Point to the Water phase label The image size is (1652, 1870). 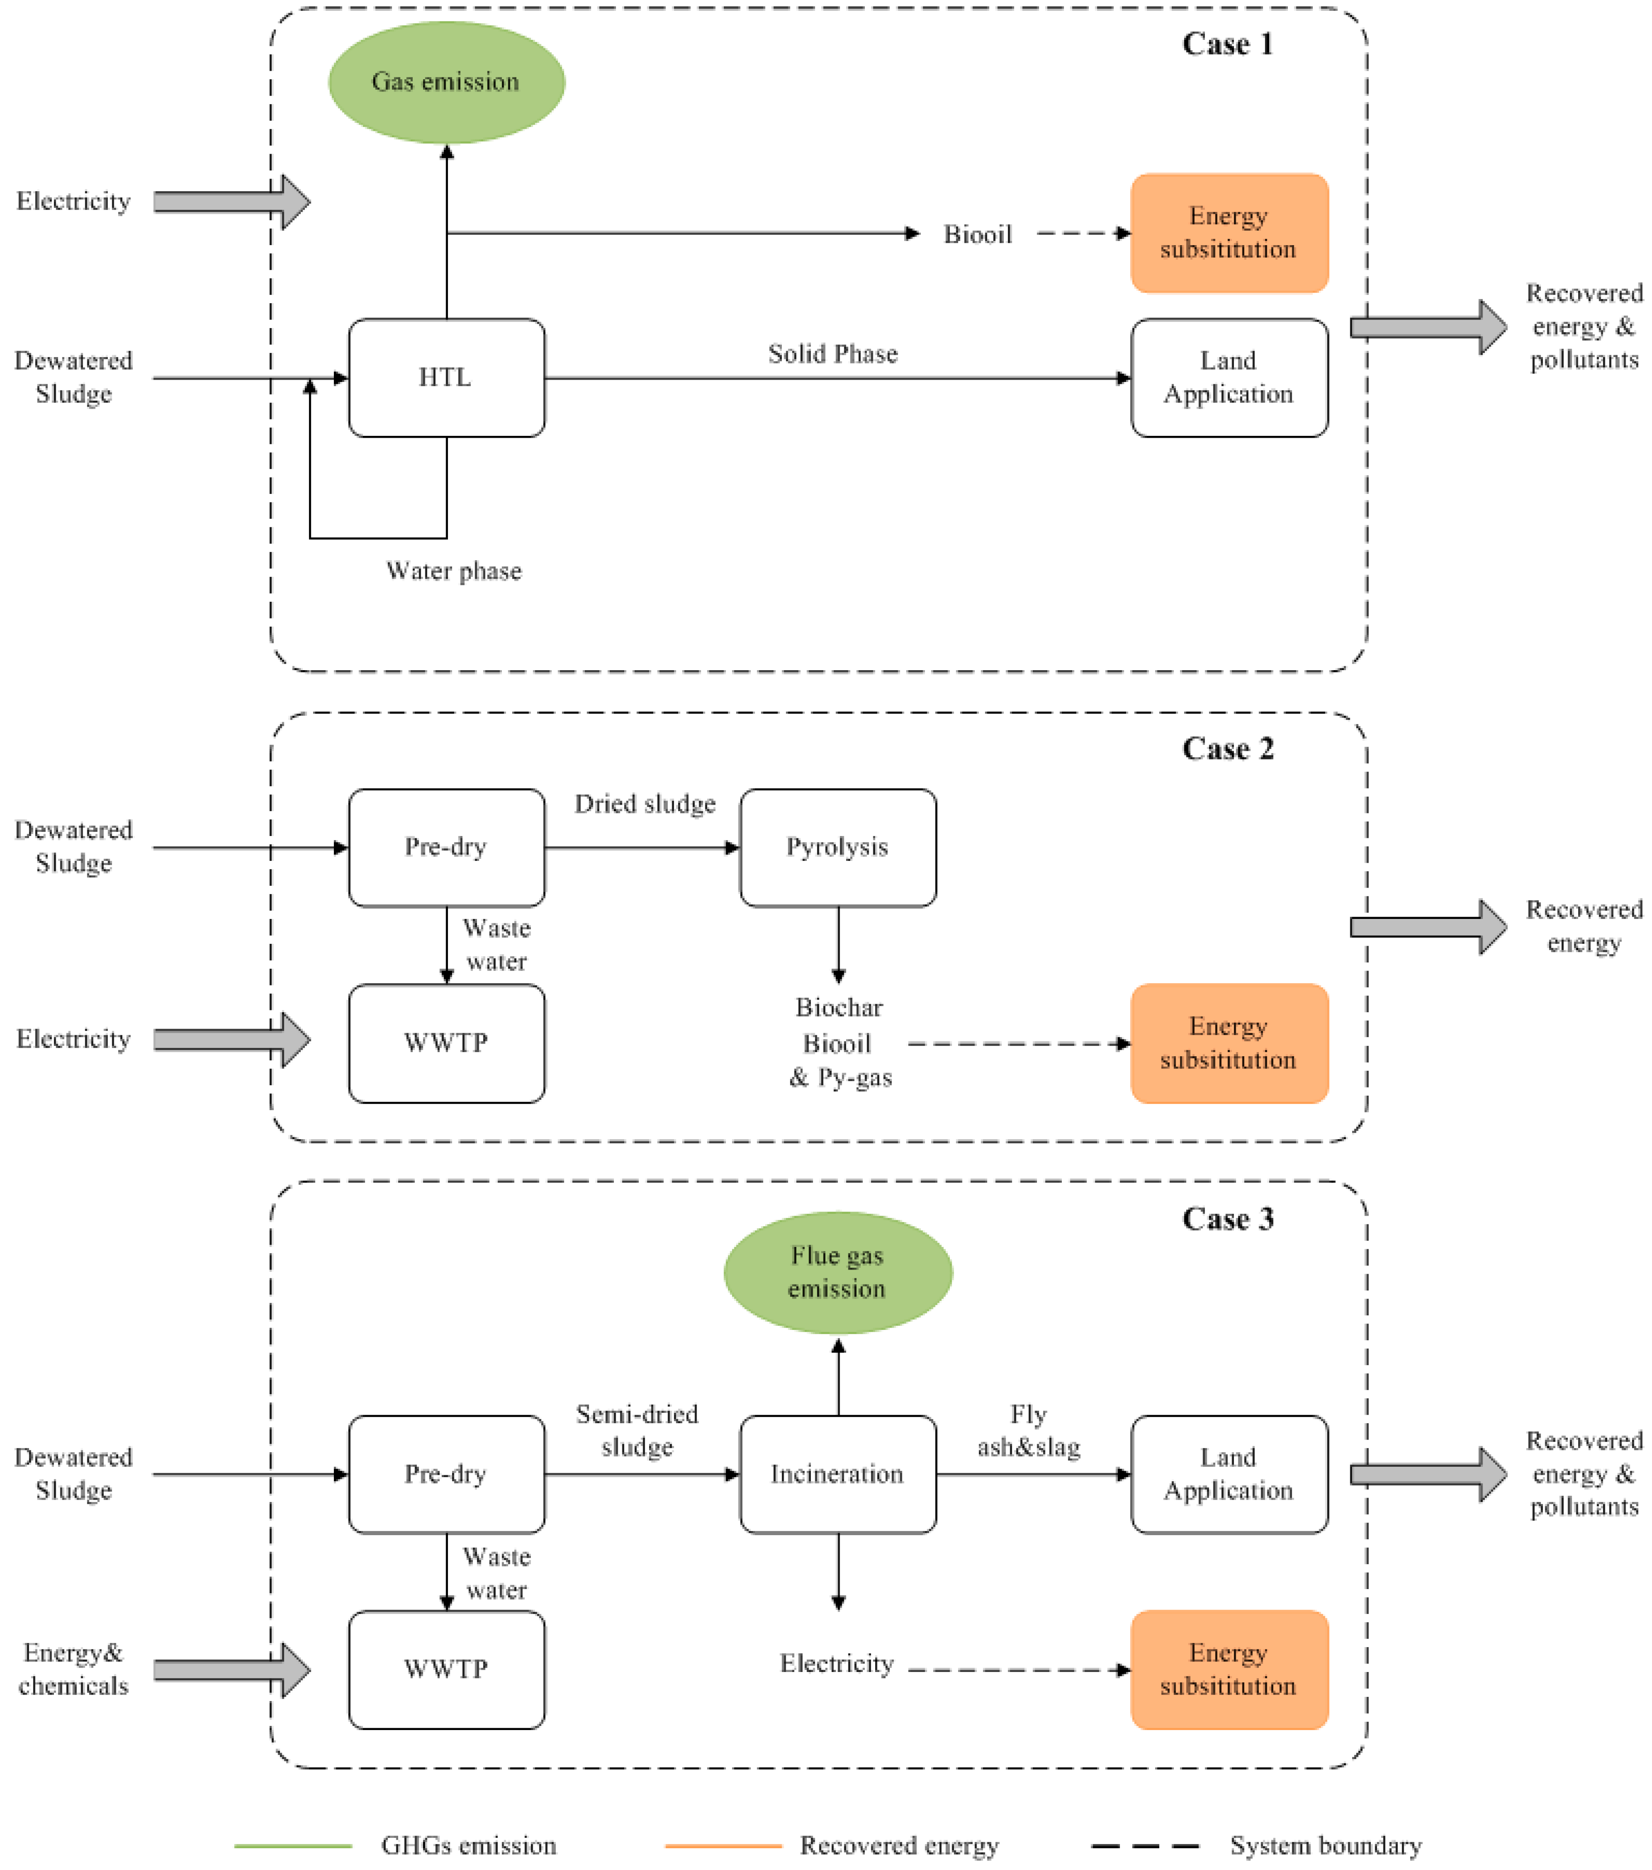[454, 571]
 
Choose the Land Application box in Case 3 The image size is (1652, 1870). [1228, 1474]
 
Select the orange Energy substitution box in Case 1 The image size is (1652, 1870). [1228, 233]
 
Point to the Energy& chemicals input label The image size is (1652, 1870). [73, 1670]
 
